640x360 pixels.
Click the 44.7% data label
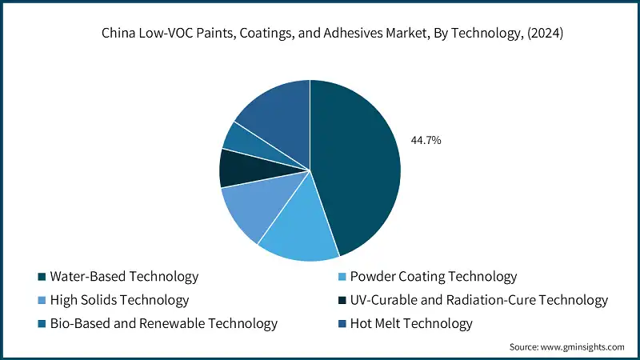(426, 140)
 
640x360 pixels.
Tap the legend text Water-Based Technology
(124, 277)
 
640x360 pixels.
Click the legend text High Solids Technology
(119, 300)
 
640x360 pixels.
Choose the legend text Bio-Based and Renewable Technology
(163, 323)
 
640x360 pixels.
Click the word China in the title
(118, 34)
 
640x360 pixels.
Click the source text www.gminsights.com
(583, 346)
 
